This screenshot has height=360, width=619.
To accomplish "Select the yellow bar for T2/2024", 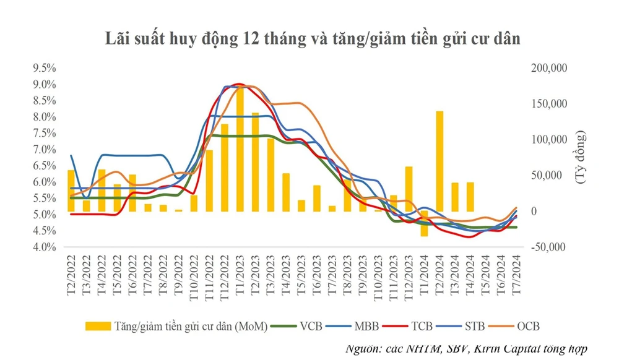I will click(439, 161).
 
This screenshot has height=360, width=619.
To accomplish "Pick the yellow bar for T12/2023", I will click(409, 189).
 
